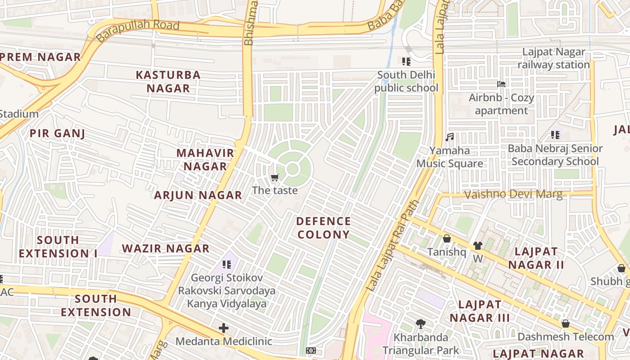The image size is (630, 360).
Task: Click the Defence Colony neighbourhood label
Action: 323,228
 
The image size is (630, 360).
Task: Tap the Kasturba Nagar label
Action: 168,81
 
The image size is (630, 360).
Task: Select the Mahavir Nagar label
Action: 205,159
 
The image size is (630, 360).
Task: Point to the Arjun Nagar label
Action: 198,195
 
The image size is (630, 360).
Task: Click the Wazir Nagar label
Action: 166,248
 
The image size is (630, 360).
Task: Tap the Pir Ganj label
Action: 57,133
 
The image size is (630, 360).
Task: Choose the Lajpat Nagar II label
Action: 536,258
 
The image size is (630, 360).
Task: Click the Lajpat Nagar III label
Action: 480,311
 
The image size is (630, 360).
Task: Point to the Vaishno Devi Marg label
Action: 513,194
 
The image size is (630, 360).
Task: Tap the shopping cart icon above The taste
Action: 275,177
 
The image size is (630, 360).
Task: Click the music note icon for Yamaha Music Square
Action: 449,137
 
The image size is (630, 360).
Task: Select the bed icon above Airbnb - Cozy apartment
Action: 501,84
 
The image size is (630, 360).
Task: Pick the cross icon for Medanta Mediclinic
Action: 224,328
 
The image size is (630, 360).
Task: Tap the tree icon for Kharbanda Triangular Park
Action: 421,324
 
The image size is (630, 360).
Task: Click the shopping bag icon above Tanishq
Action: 447,238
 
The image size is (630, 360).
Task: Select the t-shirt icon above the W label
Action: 477,246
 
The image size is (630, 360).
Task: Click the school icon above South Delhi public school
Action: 406,62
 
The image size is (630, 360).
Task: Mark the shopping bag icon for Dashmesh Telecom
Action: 566,324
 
